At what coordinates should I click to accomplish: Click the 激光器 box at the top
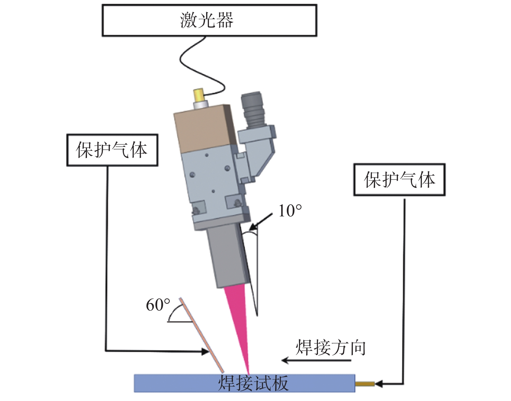209,20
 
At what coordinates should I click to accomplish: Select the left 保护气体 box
112,150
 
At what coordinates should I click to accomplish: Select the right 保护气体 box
399,179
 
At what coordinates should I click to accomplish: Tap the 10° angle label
290,211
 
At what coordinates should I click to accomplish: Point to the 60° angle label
158,305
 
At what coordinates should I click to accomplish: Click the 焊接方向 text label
330,348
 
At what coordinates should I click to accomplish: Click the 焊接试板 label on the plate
253,383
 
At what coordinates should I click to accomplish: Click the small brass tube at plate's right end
365,384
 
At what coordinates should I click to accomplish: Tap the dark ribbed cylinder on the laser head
253,109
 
